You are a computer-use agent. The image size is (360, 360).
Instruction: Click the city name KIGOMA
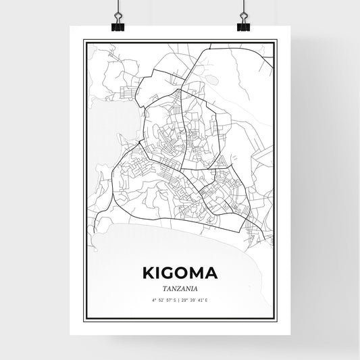coord(180,274)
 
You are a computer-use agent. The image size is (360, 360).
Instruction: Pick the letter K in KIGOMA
coord(149,274)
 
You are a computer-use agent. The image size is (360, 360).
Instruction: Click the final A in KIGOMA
coord(213,274)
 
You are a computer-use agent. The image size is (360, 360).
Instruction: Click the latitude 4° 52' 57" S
coord(163,299)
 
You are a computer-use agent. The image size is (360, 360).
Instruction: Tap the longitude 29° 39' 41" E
coord(198,299)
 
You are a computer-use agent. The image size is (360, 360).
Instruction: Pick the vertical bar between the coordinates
coord(180,299)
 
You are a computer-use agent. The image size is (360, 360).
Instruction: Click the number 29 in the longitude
coord(186,299)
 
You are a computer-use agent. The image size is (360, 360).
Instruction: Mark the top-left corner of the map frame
coord(83,40)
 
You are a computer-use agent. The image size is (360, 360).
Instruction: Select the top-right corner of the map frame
coord(277,40)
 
